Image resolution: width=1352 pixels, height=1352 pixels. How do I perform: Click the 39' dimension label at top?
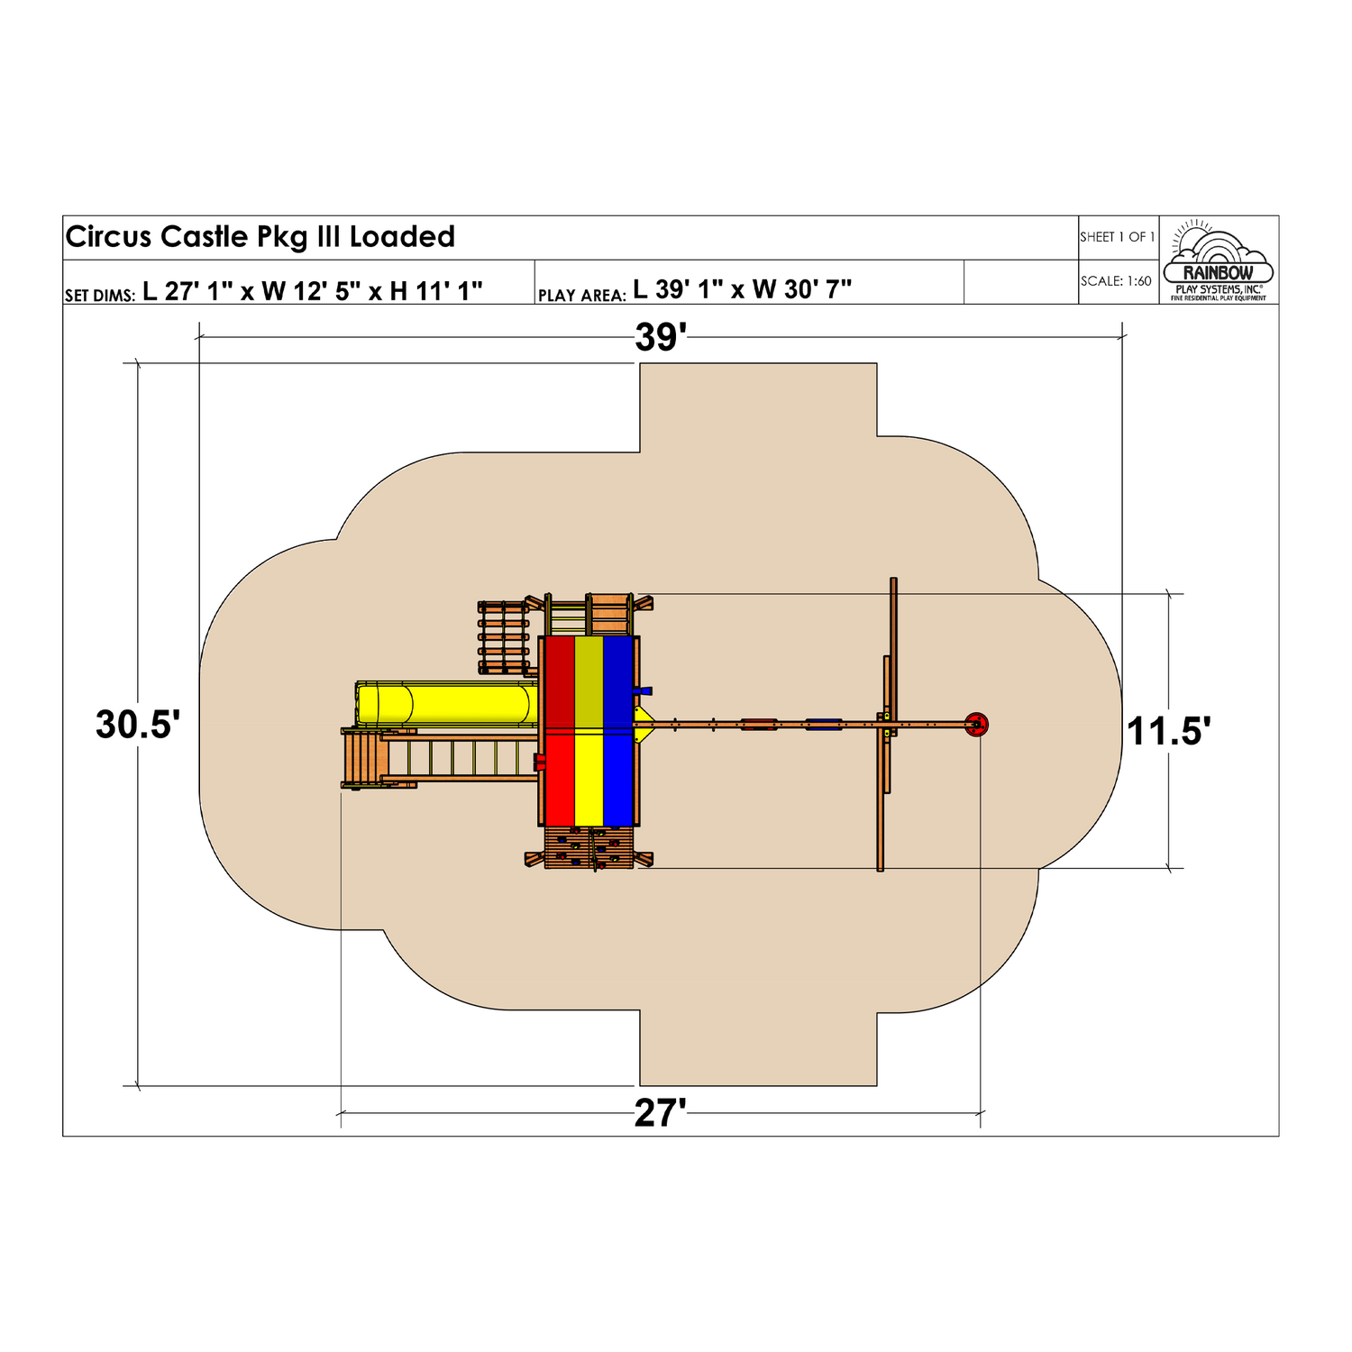click(x=661, y=337)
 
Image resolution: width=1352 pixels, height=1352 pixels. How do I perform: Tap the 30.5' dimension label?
click(x=138, y=725)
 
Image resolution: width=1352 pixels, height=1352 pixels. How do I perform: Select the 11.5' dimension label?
click(x=1169, y=731)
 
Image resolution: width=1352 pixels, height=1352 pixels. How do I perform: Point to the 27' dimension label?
click(x=661, y=1114)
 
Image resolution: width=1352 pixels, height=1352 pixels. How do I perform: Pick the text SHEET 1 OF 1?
click(x=1118, y=237)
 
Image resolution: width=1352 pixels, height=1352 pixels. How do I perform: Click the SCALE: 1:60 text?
click(x=1117, y=281)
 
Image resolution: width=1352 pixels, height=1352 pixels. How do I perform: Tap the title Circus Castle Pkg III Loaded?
click(x=260, y=237)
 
